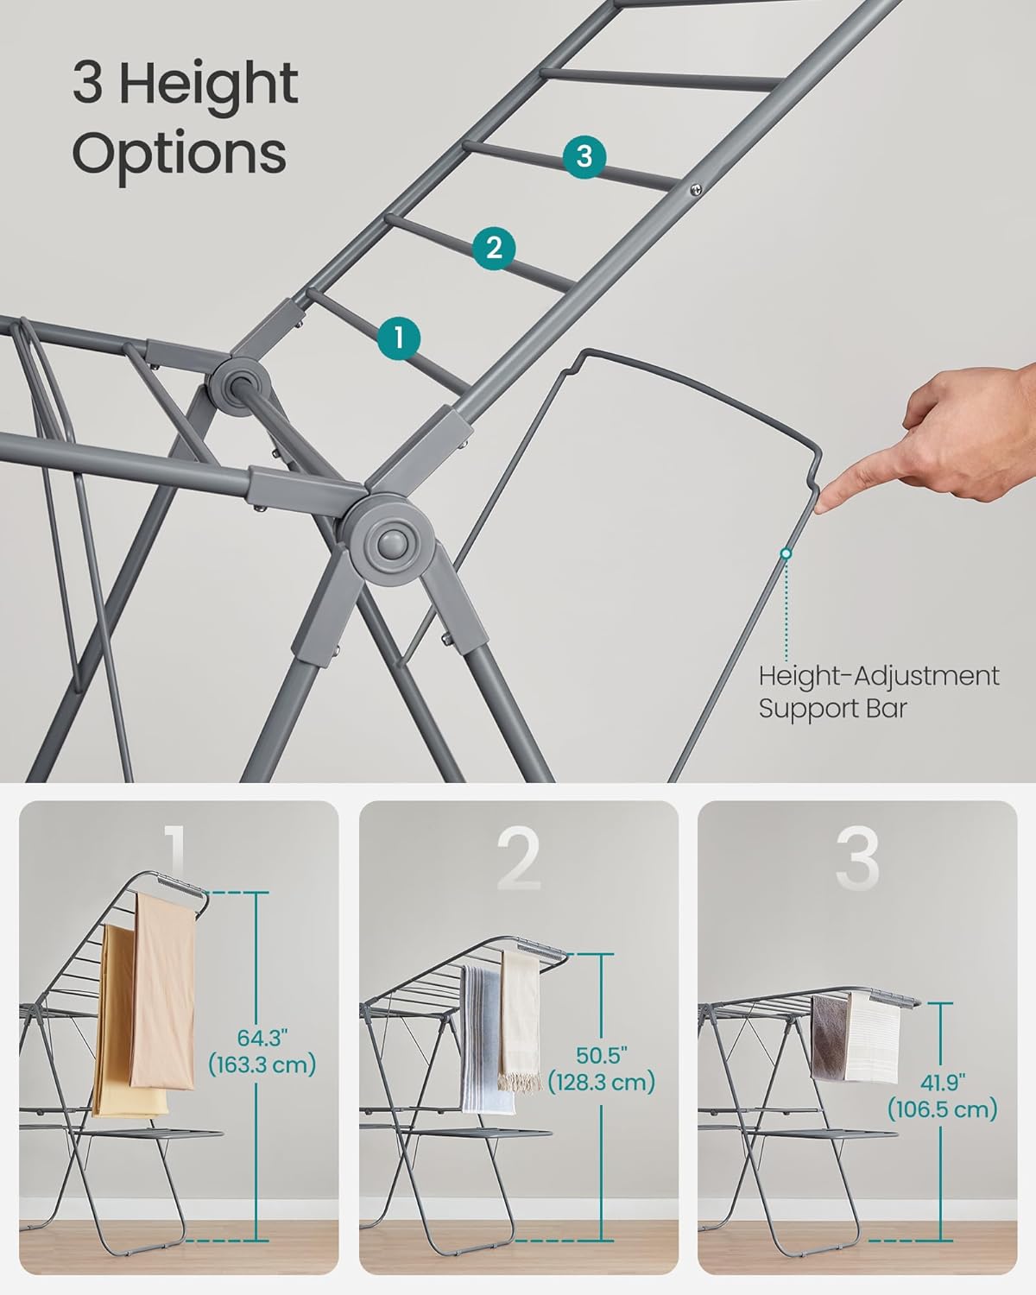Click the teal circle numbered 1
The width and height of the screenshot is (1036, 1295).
coord(398,338)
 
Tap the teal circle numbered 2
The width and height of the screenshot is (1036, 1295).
coord(494,248)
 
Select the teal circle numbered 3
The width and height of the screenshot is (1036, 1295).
coord(584,157)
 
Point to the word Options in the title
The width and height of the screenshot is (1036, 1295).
coord(179,154)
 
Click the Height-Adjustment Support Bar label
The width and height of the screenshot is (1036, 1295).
coord(878,692)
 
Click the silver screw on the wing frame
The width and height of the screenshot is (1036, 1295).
coord(694,189)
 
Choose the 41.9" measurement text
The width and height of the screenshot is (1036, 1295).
coord(942,1082)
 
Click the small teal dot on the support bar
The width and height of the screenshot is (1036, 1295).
coord(786,553)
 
